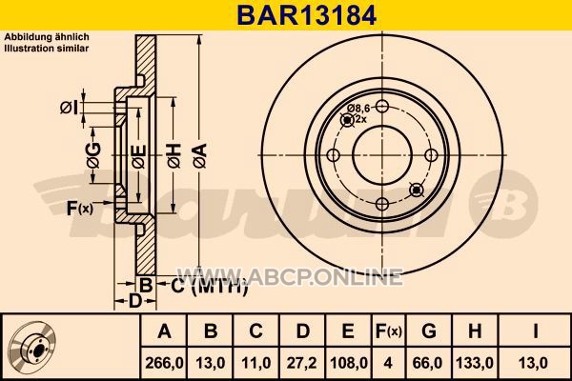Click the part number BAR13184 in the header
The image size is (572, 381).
click(306, 15)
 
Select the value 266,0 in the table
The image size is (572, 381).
click(164, 363)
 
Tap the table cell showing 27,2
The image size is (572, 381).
click(301, 363)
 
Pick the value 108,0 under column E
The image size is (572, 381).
click(348, 363)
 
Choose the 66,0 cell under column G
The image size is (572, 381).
click(429, 363)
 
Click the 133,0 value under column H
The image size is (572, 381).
click(475, 363)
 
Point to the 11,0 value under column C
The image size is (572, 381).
click(256, 363)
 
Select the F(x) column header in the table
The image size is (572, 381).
click(389, 331)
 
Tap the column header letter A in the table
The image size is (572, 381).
click(164, 331)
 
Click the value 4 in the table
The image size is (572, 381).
click(388, 363)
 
